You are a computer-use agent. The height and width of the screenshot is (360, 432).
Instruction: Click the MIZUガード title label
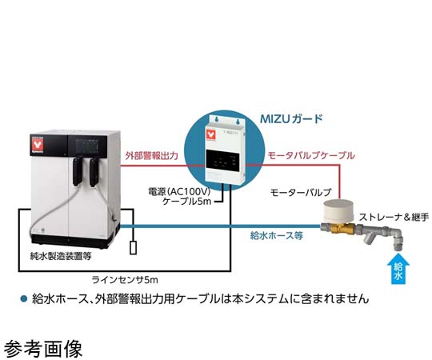[x=291, y=118]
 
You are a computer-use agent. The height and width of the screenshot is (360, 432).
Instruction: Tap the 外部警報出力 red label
[x=151, y=156]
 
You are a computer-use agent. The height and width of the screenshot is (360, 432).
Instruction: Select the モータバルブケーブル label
[x=311, y=156]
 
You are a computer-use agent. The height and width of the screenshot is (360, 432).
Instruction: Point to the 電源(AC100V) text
[x=179, y=191]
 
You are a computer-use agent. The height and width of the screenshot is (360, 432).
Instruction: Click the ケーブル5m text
[x=186, y=202]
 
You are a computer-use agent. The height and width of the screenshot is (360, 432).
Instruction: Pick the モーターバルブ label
[x=301, y=192]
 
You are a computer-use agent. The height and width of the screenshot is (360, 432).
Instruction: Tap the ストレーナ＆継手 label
[x=394, y=218]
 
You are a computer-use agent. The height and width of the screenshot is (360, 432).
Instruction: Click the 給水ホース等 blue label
[x=276, y=235]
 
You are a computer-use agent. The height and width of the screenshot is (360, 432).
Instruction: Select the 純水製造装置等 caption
[x=61, y=257]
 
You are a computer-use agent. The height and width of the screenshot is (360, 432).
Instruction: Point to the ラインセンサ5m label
[x=125, y=280]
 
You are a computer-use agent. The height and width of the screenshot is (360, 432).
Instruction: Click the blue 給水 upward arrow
[x=398, y=270]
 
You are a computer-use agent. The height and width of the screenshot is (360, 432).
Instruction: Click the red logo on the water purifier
[x=37, y=146]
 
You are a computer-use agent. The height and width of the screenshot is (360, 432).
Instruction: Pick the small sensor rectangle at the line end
[x=133, y=247]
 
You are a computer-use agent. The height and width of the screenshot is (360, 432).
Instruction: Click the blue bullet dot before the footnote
[x=24, y=299]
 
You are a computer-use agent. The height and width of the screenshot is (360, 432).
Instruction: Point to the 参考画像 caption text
[x=43, y=349]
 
